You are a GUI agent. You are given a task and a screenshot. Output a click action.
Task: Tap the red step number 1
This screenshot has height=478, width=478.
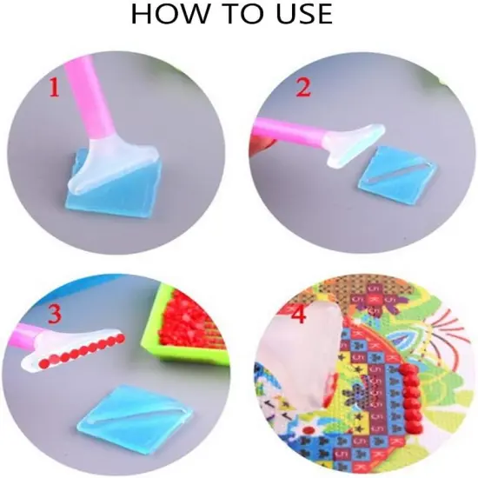[54, 87]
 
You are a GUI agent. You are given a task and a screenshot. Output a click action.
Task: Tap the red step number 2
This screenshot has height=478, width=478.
[303, 87]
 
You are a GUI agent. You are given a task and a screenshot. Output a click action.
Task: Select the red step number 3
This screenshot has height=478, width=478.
[54, 315]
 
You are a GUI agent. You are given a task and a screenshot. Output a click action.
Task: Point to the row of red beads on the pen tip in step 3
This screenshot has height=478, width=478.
[83, 350]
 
